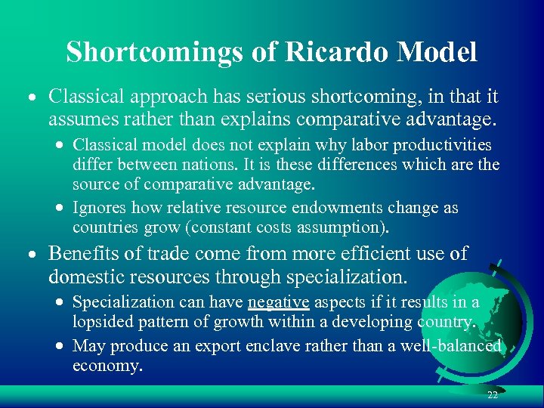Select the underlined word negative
pos(279,302)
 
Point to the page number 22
pos(492,395)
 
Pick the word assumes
pos(79,118)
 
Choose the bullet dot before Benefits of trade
pos(34,255)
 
